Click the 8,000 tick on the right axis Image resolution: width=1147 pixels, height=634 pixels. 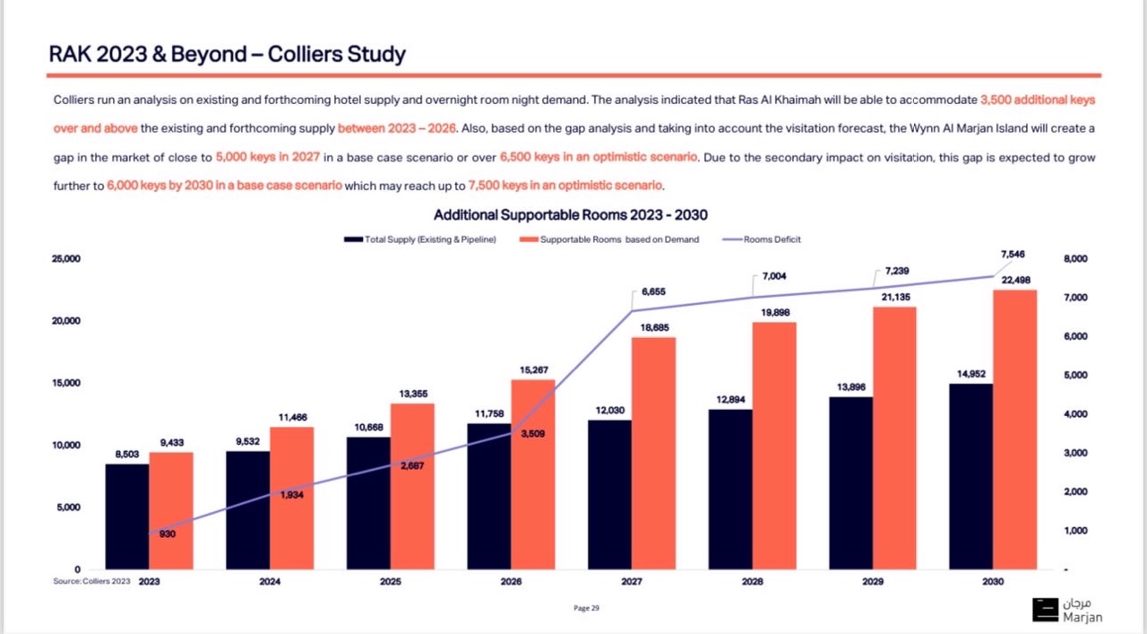pyautogui.click(x=1074, y=259)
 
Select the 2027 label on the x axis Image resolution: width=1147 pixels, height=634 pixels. pyautogui.click(x=631, y=582)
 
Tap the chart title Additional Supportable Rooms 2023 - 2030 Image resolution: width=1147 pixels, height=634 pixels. pyautogui.click(x=572, y=215)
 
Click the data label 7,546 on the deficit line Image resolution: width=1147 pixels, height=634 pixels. pyautogui.click(x=1011, y=255)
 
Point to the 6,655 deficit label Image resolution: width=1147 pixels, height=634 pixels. pyautogui.click(x=653, y=292)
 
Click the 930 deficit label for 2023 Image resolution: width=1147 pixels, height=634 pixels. pyautogui.click(x=168, y=534)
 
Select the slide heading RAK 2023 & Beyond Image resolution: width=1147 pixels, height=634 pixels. pyautogui.click(x=227, y=54)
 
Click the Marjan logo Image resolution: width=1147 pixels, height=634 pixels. pyautogui.click(x=1067, y=609)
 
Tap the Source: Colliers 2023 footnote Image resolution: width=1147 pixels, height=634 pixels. pyautogui.click(x=91, y=581)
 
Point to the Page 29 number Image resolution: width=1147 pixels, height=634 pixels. pyautogui.click(x=586, y=609)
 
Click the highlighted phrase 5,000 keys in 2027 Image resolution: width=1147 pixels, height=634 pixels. pyautogui.click(x=267, y=157)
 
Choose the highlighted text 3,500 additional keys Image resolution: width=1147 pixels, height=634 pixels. pyautogui.click(x=1038, y=100)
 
